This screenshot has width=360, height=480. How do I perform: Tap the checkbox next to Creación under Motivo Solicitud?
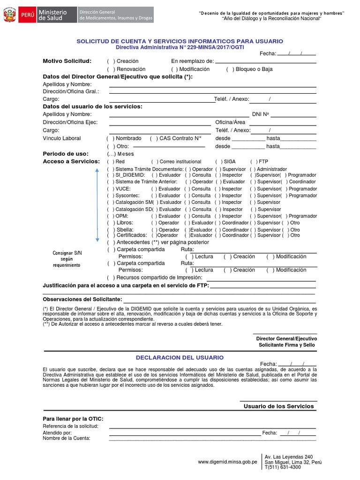111,61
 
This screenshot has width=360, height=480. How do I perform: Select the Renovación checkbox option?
111,69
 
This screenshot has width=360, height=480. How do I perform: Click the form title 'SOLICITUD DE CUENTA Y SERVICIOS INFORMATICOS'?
180,41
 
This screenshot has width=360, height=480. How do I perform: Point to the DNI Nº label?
260,114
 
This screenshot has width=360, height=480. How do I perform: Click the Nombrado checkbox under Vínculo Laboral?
110,138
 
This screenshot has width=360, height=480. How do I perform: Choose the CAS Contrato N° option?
154,138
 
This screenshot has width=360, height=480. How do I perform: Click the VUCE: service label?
123,189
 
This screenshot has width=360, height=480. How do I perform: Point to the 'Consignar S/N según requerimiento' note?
67,259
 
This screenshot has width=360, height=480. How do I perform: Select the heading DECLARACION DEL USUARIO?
180,358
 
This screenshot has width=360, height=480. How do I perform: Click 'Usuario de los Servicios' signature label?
278,406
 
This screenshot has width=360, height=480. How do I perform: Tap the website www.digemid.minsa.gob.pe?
227,462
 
